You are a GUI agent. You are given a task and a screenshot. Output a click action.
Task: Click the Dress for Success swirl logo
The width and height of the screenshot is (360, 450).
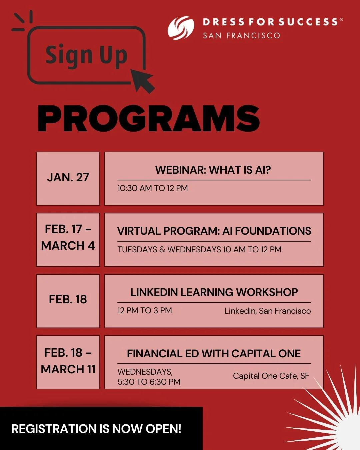[x=181, y=28]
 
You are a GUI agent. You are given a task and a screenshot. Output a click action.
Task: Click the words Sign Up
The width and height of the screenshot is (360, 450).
[x=86, y=55]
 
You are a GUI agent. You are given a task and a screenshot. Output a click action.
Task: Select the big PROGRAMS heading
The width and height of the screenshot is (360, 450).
[x=148, y=119]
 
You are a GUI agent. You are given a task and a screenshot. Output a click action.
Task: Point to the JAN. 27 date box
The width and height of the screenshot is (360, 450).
[x=68, y=178]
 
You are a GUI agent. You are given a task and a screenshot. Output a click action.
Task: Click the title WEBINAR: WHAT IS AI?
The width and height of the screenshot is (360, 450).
[x=213, y=170]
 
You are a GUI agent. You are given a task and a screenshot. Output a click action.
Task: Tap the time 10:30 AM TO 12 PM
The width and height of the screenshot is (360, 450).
[x=152, y=188]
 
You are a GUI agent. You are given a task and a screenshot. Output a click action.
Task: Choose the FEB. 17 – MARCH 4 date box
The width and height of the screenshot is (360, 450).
[x=68, y=240]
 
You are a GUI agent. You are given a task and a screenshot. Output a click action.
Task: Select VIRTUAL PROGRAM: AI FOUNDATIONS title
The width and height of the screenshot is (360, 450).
[x=214, y=231]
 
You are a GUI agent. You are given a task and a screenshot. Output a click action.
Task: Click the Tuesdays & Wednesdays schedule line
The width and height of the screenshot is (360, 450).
[x=199, y=249]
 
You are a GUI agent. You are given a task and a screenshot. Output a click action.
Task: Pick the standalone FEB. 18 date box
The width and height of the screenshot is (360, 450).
[x=68, y=301]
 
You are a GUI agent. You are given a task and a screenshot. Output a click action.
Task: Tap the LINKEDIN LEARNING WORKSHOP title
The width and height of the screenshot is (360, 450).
[x=214, y=292]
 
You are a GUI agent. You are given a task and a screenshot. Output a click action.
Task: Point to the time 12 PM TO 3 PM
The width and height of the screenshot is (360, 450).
[x=144, y=311]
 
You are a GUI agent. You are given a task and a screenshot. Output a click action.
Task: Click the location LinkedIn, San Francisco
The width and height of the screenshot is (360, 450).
[x=267, y=311]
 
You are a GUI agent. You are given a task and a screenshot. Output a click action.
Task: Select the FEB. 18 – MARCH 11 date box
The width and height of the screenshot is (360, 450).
[x=68, y=362]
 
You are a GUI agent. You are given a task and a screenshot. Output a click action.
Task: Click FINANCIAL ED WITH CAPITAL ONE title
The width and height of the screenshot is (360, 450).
[x=214, y=354]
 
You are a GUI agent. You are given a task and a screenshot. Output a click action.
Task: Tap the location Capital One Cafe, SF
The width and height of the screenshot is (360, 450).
[x=271, y=376]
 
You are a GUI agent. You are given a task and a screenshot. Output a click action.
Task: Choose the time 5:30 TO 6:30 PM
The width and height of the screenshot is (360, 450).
[x=149, y=382]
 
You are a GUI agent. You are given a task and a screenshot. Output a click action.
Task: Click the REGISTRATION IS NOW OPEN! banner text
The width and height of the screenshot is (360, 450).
[x=96, y=429]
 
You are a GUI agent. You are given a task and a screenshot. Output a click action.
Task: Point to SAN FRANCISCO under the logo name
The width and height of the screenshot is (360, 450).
[x=241, y=36]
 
